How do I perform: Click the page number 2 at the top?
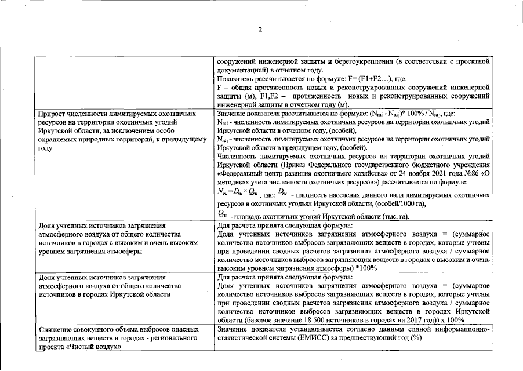tap(260, 30)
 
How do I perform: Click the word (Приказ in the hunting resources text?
tap(348, 164)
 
